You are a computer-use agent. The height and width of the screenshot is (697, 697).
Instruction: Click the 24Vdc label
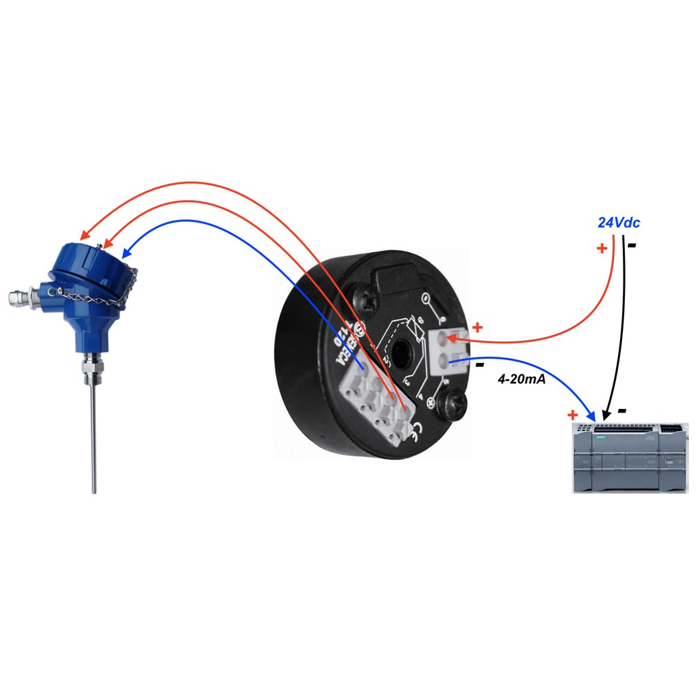point(619,223)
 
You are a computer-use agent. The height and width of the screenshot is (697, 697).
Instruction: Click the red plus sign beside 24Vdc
point(601,248)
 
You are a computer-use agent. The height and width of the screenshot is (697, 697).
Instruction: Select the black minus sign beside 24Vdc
point(632,245)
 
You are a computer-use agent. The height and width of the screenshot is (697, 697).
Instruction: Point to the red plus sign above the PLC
point(572,415)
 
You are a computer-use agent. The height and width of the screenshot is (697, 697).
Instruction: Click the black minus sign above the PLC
point(621,411)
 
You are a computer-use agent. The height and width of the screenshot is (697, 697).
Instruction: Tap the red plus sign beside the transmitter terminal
point(477,327)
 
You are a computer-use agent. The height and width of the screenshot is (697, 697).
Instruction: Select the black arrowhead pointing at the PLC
point(608,415)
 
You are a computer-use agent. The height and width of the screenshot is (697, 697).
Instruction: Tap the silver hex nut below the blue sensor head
point(91,370)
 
